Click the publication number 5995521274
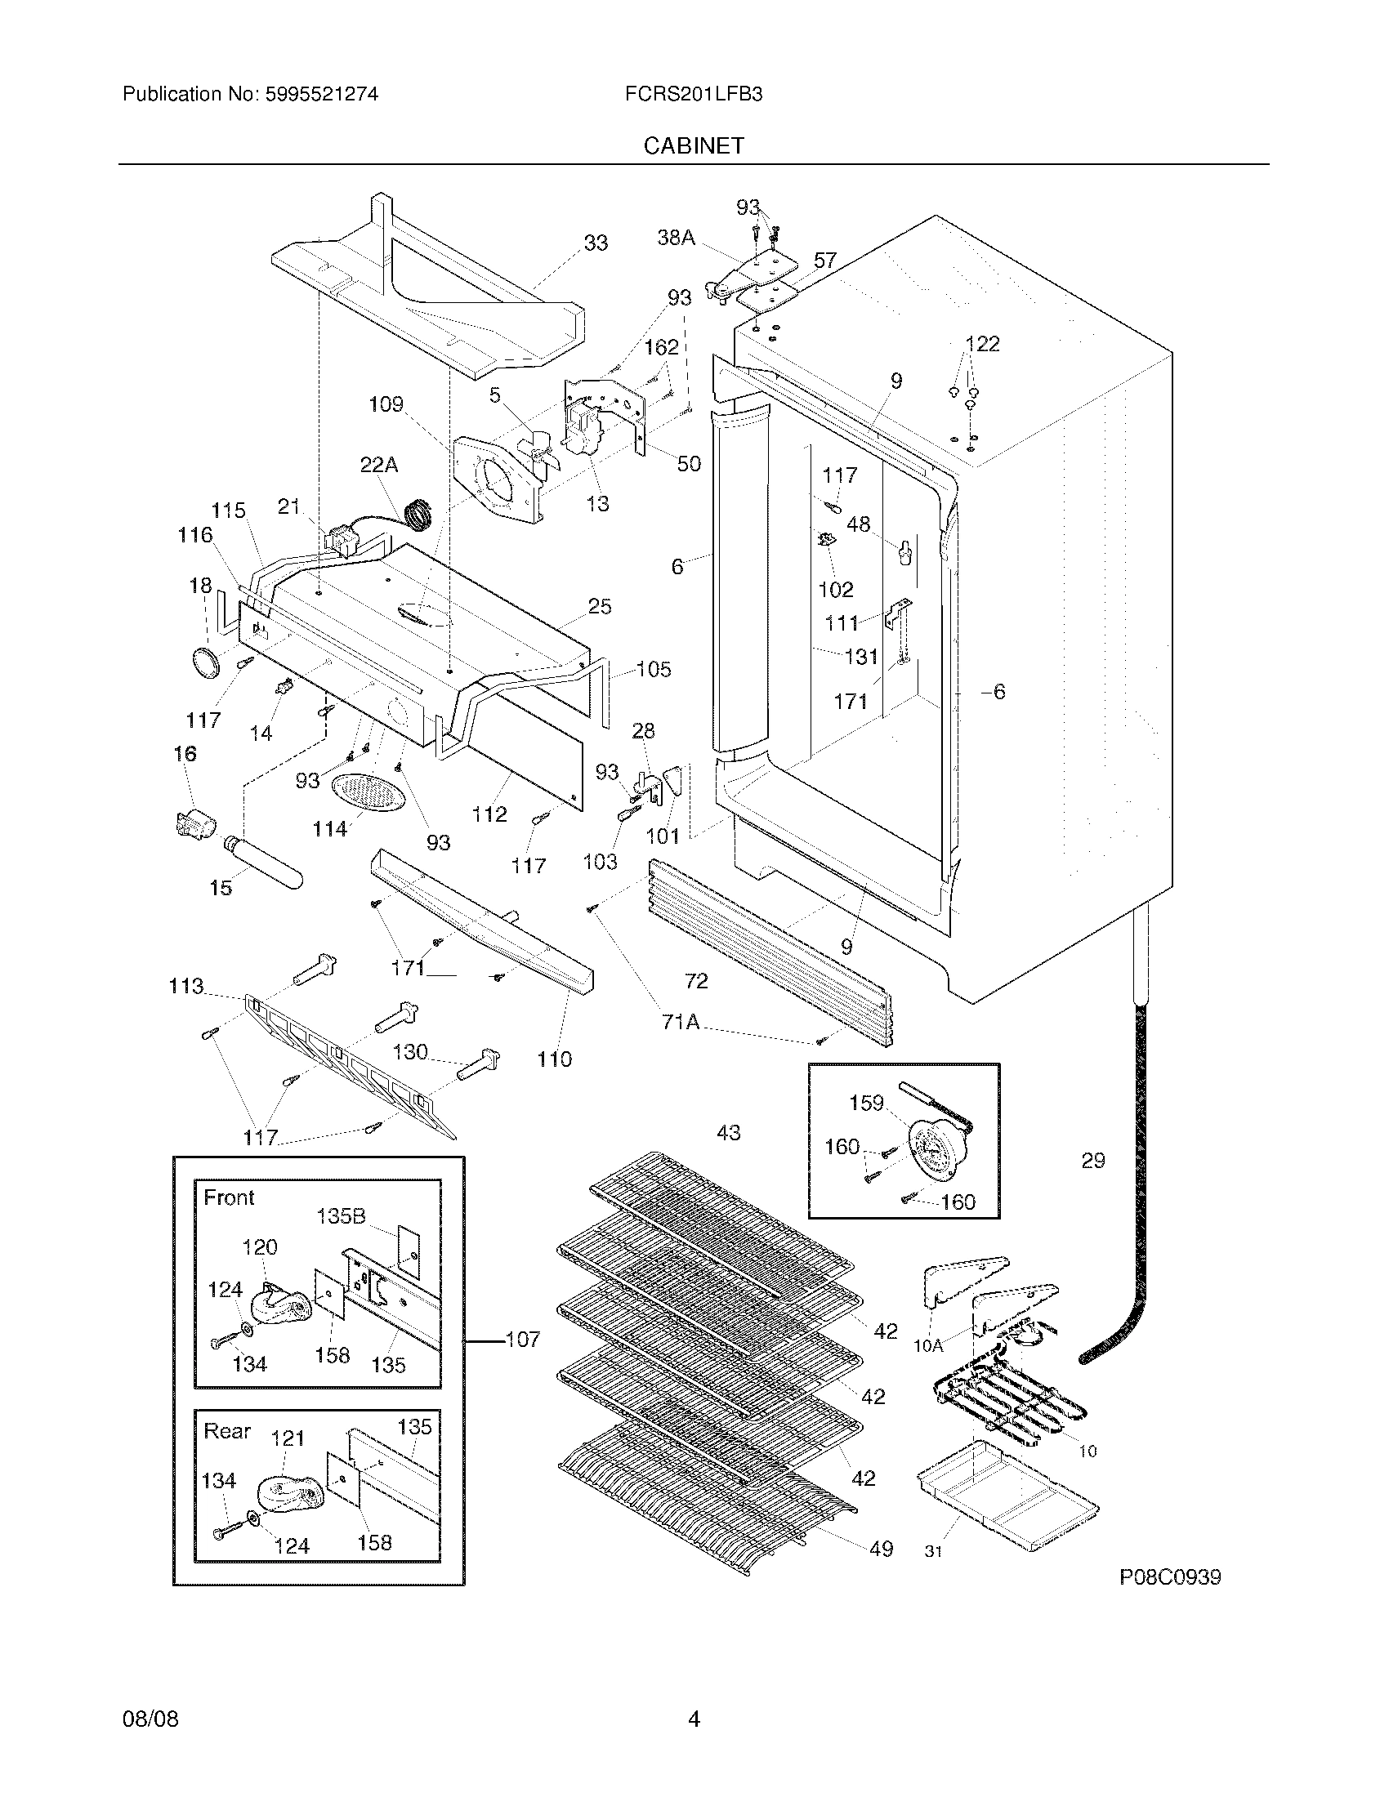coord(321,95)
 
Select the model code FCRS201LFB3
coord(693,95)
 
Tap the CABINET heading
coord(693,145)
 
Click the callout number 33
coord(596,243)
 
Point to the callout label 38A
coord(676,238)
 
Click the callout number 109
coord(386,404)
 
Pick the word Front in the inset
coord(229,1197)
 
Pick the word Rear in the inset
coord(226,1431)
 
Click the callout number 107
coord(522,1340)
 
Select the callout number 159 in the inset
coord(865,1103)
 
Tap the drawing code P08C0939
coord(1169,1577)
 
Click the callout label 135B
coord(341,1216)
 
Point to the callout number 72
coord(695,981)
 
